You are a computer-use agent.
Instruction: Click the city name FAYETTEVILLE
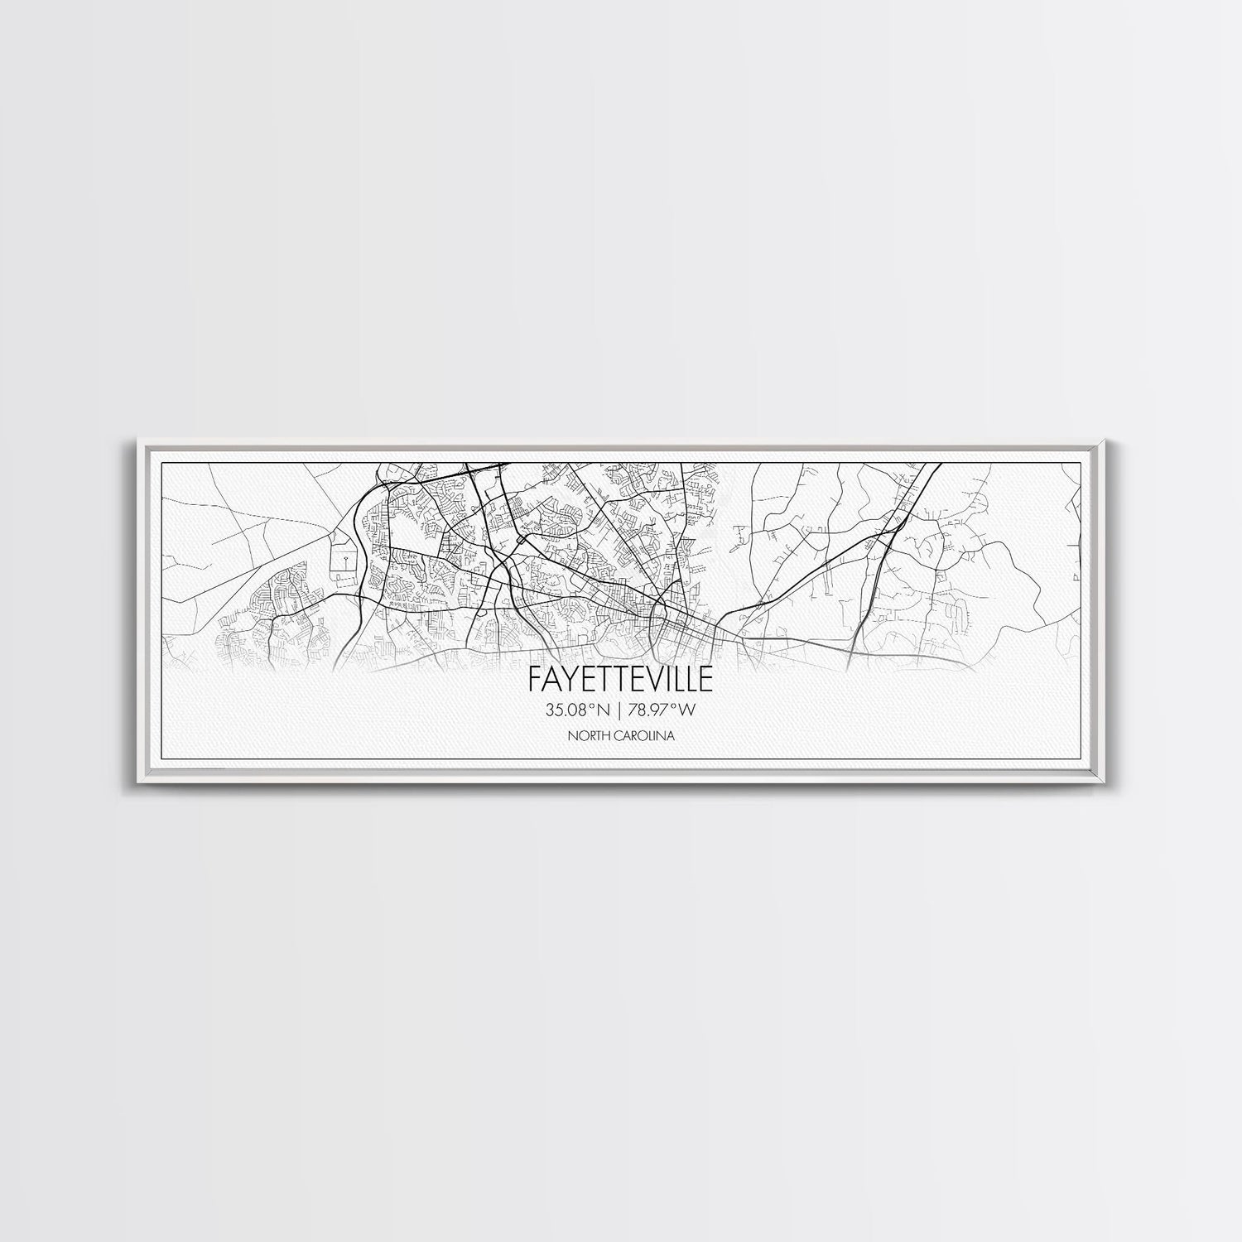[x=620, y=680]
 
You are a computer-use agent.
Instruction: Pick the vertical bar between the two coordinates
[x=620, y=710]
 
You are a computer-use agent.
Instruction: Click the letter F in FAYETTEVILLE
[x=535, y=680]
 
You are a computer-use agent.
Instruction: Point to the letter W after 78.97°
[x=689, y=710]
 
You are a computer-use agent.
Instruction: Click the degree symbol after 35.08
[x=591, y=706]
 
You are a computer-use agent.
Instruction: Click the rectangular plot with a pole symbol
[x=342, y=561]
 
